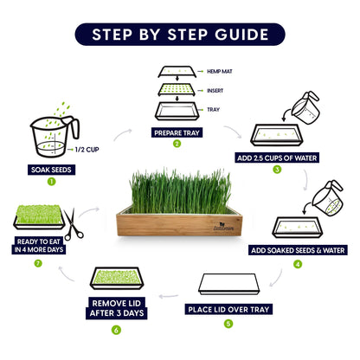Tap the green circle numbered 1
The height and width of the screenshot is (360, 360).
(51, 182)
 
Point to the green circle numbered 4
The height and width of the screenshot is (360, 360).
(298, 264)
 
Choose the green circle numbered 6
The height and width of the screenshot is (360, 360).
(116, 329)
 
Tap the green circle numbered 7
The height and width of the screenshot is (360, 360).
(37, 261)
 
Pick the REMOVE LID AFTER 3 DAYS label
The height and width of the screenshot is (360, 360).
(116, 308)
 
